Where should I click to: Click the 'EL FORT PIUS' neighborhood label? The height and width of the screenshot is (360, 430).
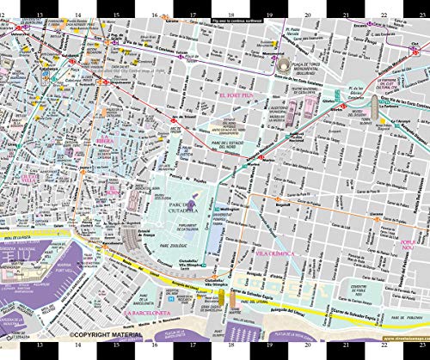click(x=237, y=96)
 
